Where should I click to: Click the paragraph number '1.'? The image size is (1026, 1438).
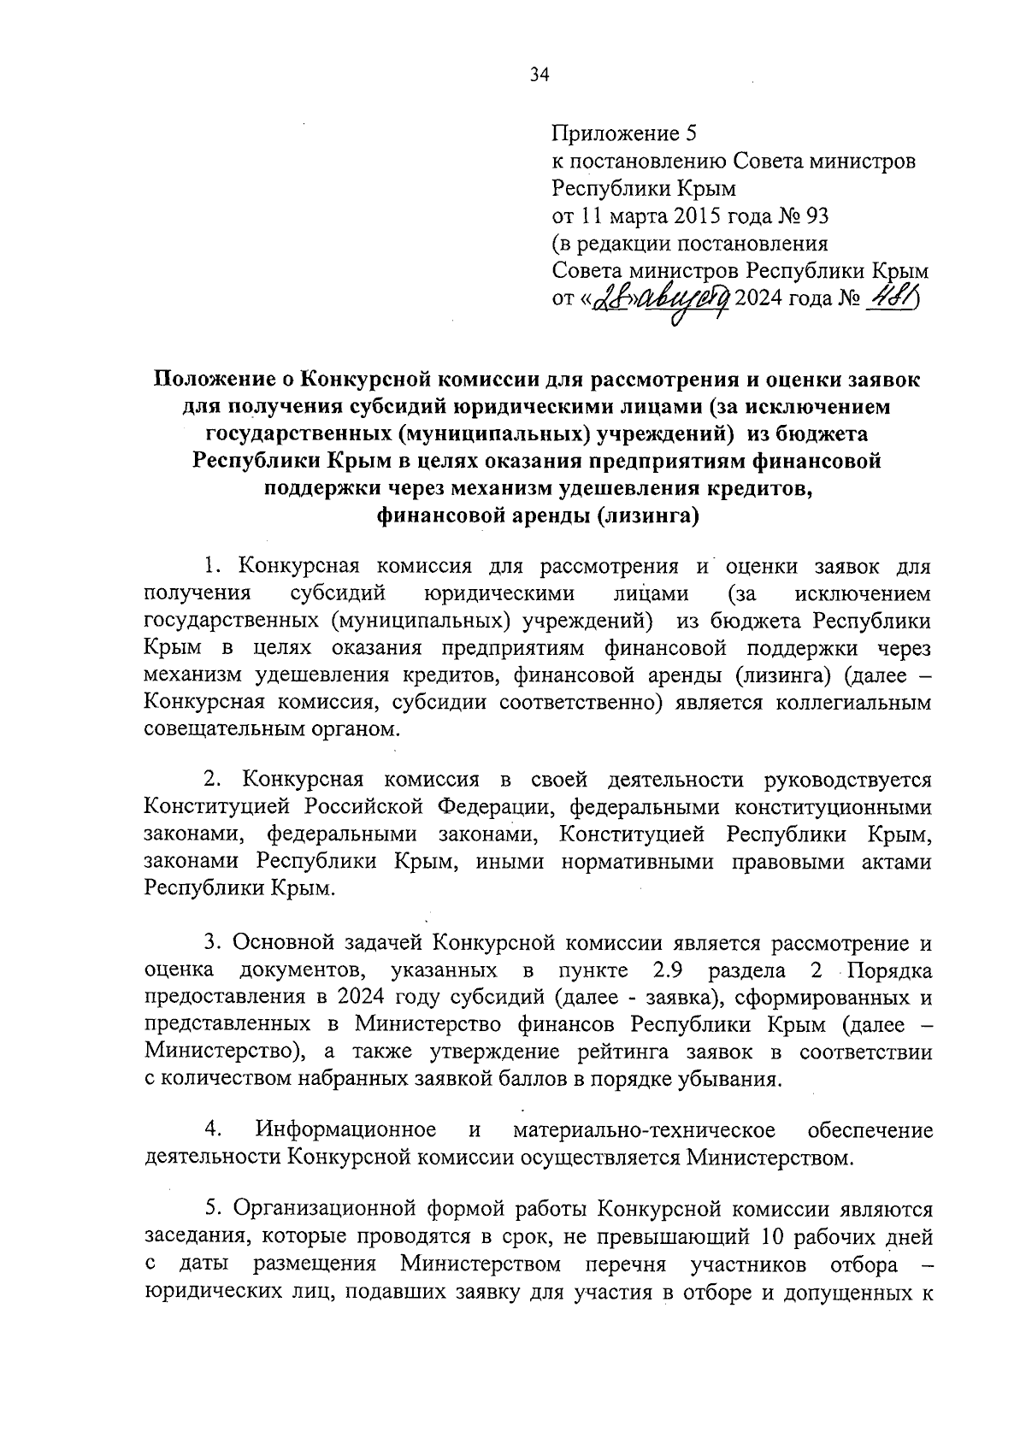pyautogui.click(x=214, y=567)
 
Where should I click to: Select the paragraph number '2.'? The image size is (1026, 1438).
pyautogui.click(x=214, y=780)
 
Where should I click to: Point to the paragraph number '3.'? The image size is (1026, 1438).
pyautogui.click(x=214, y=943)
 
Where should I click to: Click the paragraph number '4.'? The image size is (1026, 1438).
pyautogui.click(x=214, y=1130)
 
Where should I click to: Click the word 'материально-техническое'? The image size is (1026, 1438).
pyautogui.click(x=645, y=1130)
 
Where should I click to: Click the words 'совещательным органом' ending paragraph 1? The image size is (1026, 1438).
pyautogui.click(x=271, y=731)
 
